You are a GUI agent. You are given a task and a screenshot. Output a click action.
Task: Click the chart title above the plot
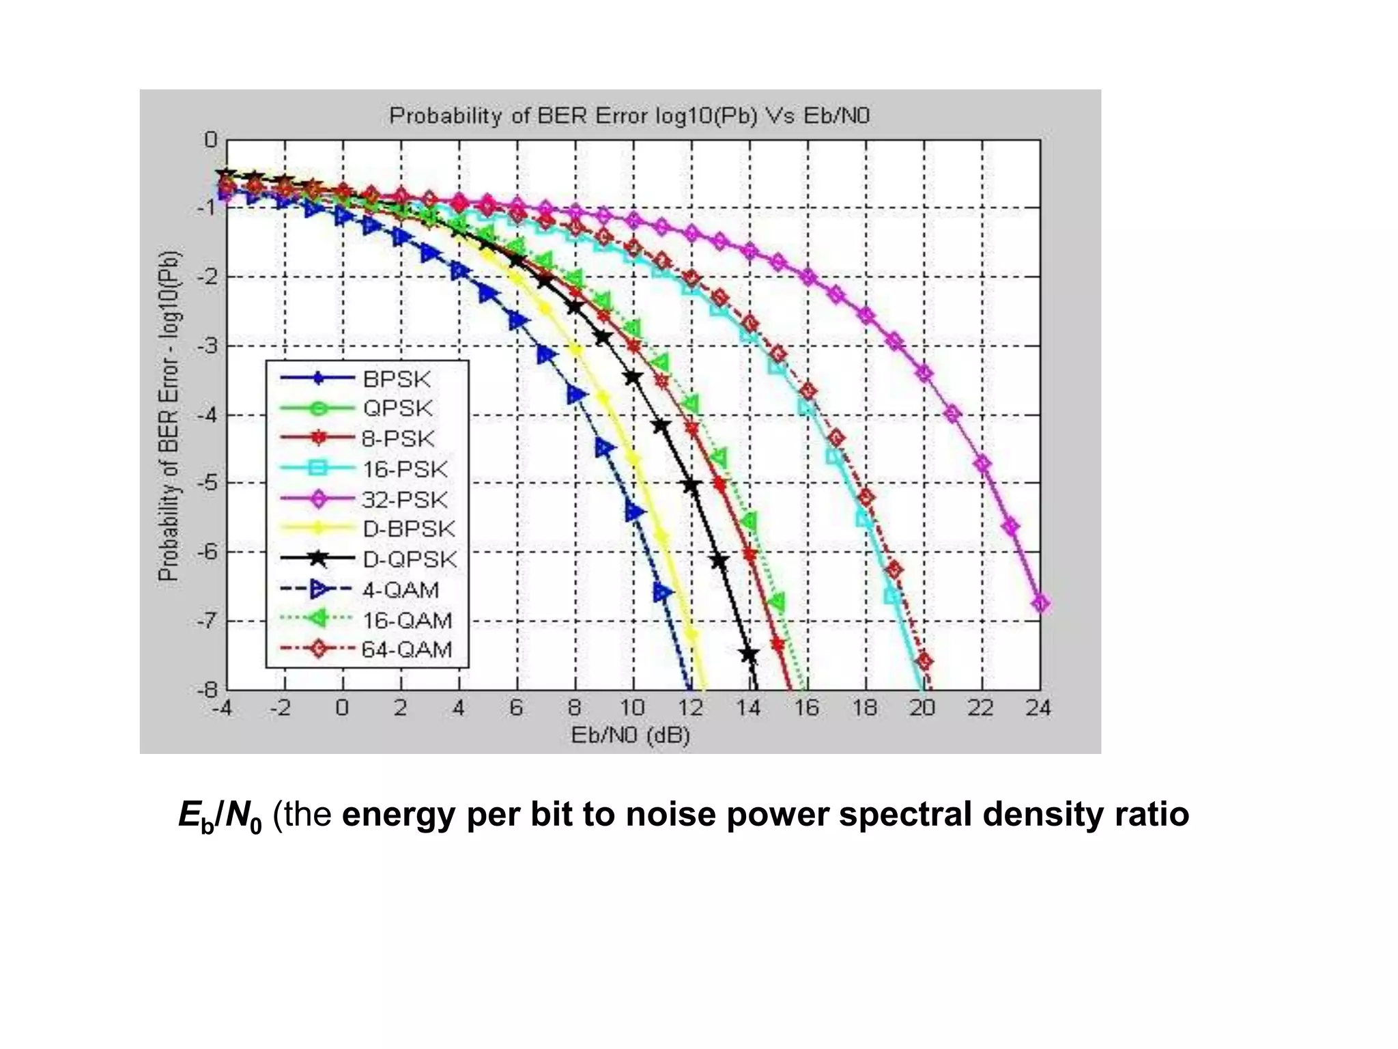(629, 116)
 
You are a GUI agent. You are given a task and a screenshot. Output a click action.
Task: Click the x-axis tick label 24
(1038, 708)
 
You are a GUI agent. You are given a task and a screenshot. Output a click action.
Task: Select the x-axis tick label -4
(222, 708)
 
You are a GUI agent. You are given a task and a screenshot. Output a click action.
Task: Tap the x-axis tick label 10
(632, 708)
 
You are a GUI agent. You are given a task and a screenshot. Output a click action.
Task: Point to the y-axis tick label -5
(207, 483)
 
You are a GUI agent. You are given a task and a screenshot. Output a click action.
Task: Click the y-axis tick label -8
(207, 690)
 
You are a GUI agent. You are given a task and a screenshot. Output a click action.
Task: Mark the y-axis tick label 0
(211, 140)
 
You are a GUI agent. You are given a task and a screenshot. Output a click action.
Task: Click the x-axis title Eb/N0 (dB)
(630, 736)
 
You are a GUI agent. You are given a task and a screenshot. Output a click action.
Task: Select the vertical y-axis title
(169, 415)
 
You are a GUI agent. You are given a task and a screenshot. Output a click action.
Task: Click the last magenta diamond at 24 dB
(1040, 604)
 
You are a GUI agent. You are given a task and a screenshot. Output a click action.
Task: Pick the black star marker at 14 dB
(750, 654)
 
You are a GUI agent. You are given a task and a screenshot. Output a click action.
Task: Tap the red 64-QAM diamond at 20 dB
(925, 661)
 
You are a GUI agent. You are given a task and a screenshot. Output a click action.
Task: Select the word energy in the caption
(398, 814)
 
